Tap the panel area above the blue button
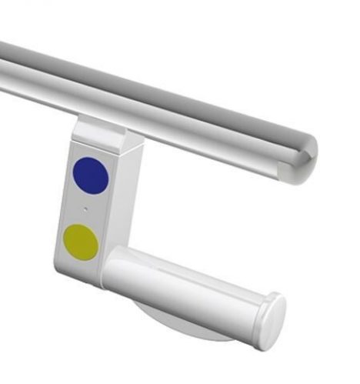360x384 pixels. click(x=92, y=151)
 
